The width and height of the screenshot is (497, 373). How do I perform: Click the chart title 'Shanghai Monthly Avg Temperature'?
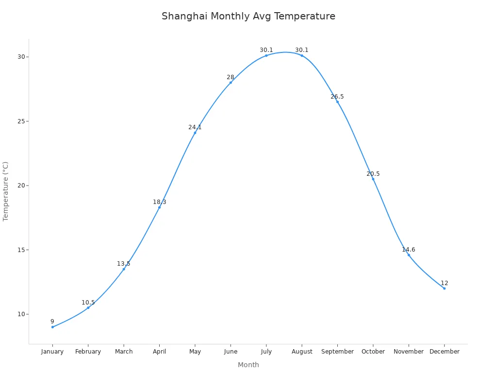coord(248,16)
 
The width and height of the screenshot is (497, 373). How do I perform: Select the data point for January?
coord(52,327)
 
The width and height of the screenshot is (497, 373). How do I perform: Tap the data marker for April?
coord(159,207)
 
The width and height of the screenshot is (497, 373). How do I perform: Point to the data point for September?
coord(337,102)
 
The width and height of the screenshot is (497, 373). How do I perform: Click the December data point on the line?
coord(444,288)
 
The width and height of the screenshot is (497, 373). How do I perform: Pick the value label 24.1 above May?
coord(195,127)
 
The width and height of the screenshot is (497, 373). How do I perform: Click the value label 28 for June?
coord(231,77)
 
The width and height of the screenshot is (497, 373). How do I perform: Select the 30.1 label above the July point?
coord(266,50)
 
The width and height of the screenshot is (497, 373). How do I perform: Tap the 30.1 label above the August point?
coord(302,50)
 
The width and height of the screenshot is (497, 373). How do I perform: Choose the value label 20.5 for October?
coord(373,174)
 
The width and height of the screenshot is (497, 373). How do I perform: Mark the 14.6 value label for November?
coord(409,250)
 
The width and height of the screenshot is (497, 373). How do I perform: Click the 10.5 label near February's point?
coord(88,303)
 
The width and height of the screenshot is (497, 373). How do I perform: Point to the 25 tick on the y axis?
coord(21,121)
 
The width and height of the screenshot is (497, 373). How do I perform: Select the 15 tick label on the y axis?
coord(21,250)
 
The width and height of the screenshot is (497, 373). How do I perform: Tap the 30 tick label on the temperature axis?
coord(21,57)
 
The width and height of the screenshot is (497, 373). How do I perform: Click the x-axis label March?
coord(124,352)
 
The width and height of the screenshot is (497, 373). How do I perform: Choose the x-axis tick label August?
coord(302,352)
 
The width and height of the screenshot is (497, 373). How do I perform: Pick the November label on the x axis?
coord(409,352)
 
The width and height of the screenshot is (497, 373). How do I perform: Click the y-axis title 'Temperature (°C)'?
coord(6,191)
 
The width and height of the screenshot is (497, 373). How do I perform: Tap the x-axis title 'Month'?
coord(248,365)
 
